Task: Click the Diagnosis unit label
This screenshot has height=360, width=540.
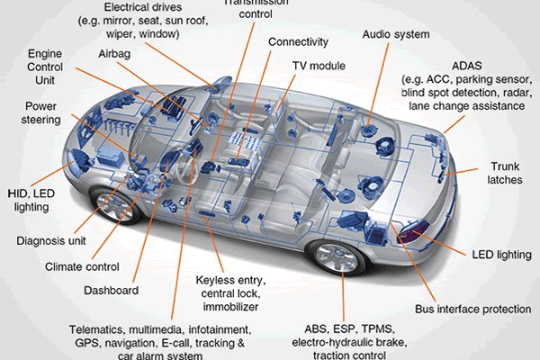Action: [x=52, y=240]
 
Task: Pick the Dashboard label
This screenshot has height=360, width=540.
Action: [x=112, y=291]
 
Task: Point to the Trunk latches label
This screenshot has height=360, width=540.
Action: [x=510, y=175]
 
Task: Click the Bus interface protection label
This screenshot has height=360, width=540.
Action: [x=473, y=310]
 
